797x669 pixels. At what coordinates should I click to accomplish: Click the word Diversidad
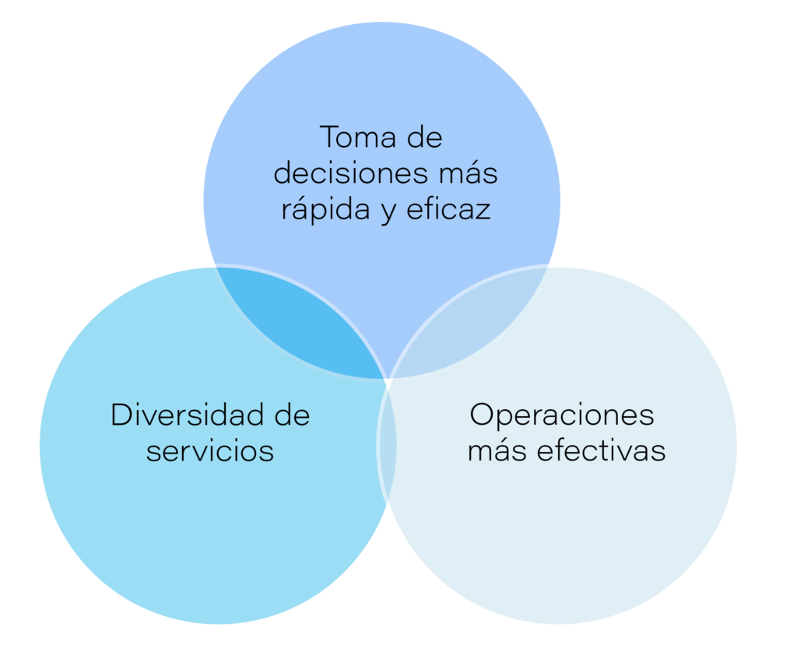[181, 415]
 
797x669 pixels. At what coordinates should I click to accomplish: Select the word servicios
[210, 451]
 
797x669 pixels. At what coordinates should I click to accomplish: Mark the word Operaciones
[562, 415]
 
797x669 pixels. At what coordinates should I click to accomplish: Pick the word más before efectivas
[496, 451]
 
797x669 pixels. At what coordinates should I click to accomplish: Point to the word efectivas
[599, 451]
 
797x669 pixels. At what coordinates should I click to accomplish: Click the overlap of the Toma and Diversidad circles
[304, 319]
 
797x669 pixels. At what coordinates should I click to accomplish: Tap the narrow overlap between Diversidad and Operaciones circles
[388, 451]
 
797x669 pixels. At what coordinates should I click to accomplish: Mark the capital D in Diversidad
[121, 415]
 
